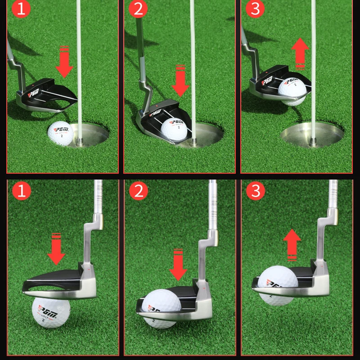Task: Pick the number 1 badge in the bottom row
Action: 21,191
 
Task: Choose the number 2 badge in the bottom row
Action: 138,191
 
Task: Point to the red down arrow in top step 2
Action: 180,81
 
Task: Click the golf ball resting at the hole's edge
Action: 60,134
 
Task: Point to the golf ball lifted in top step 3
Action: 292,90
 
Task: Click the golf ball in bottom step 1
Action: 51,312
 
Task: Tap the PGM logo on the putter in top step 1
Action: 35,92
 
